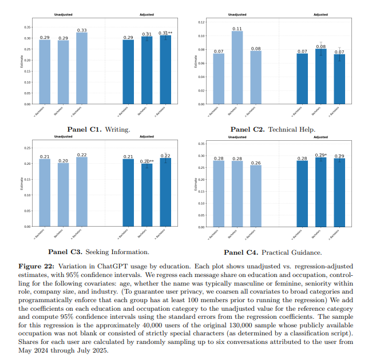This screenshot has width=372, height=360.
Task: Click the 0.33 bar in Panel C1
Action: pyautogui.click(x=82, y=69)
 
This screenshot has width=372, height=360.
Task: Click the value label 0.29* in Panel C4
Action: pyautogui.click(x=321, y=155)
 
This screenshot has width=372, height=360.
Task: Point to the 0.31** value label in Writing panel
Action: pyautogui.click(x=167, y=33)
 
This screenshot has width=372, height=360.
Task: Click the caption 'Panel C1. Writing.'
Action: pyautogui.click(x=98, y=129)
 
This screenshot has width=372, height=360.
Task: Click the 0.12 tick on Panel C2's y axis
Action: pyautogui.click(x=201, y=22)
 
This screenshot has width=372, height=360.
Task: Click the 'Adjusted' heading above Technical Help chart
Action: pyautogui.click(x=320, y=14)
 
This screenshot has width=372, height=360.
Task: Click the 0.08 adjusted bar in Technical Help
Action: pyautogui.click(x=321, y=77)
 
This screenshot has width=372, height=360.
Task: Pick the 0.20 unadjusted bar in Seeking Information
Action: pyautogui.click(x=64, y=195)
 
